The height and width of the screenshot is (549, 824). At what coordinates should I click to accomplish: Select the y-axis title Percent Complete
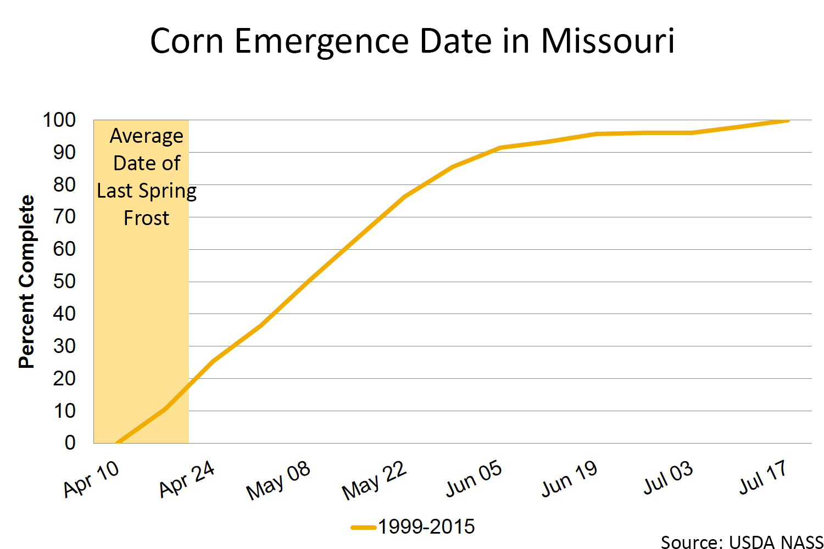[x=26, y=281]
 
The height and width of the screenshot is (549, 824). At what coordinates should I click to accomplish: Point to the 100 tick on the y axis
[x=59, y=120]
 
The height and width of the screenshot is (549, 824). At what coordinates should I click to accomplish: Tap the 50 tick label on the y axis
[x=64, y=281]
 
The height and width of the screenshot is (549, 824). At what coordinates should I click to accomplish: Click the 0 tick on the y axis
[x=70, y=442]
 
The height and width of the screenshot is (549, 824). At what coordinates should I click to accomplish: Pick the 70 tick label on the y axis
[x=64, y=217]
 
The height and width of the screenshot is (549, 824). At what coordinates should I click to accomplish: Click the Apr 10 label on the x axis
[x=91, y=478]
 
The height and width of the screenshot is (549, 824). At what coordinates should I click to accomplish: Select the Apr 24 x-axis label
[x=187, y=478]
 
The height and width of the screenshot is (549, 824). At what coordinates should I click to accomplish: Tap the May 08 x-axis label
[x=279, y=480]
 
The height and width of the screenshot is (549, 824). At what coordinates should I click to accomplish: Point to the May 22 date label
[x=374, y=480]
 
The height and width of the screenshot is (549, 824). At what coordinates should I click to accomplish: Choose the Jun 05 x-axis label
[x=474, y=478]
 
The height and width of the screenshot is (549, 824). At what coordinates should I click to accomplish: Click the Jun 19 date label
[x=569, y=478]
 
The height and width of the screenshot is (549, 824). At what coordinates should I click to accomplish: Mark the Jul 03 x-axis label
[x=668, y=477]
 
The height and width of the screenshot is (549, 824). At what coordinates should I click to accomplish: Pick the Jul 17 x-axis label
[x=764, y=477]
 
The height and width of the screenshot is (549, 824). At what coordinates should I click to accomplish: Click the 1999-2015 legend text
[x=426, y=527]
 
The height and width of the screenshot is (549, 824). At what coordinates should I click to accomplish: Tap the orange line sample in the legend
[x=363, y=528]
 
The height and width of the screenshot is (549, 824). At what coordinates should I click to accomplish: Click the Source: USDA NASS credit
[x=742, y=542]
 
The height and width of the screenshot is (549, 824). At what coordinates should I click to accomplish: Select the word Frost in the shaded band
[x=146, y=218]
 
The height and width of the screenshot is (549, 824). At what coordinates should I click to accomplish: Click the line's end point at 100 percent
[x=788, y=120]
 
